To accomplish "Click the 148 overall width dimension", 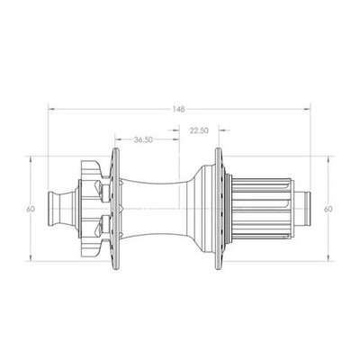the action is (x=178, y=109).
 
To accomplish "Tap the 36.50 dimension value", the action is (x=143, y=139).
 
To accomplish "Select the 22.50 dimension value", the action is (x=199, y=130).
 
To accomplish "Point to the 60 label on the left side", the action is (x=31, y=209).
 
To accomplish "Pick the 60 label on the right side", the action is (x=328, y=209).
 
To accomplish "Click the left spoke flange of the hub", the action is (x=115, y=209).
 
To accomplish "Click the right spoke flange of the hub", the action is (x=219, y=209).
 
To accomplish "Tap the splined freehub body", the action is (x=262, y=209).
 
